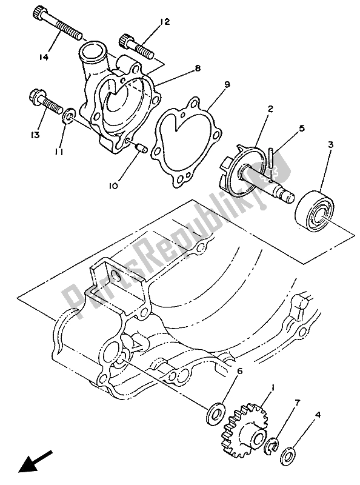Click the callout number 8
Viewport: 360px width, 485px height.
[198, 70]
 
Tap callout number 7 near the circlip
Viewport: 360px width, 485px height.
[297, 403]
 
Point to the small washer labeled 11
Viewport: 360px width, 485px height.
[68, 115]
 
